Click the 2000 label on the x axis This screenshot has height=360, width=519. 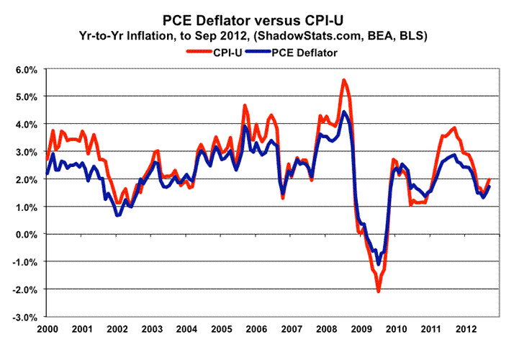pyautogui.click(x=47, y=328)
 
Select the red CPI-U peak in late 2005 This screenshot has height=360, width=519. pyautogui.click(x=245, y=106)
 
